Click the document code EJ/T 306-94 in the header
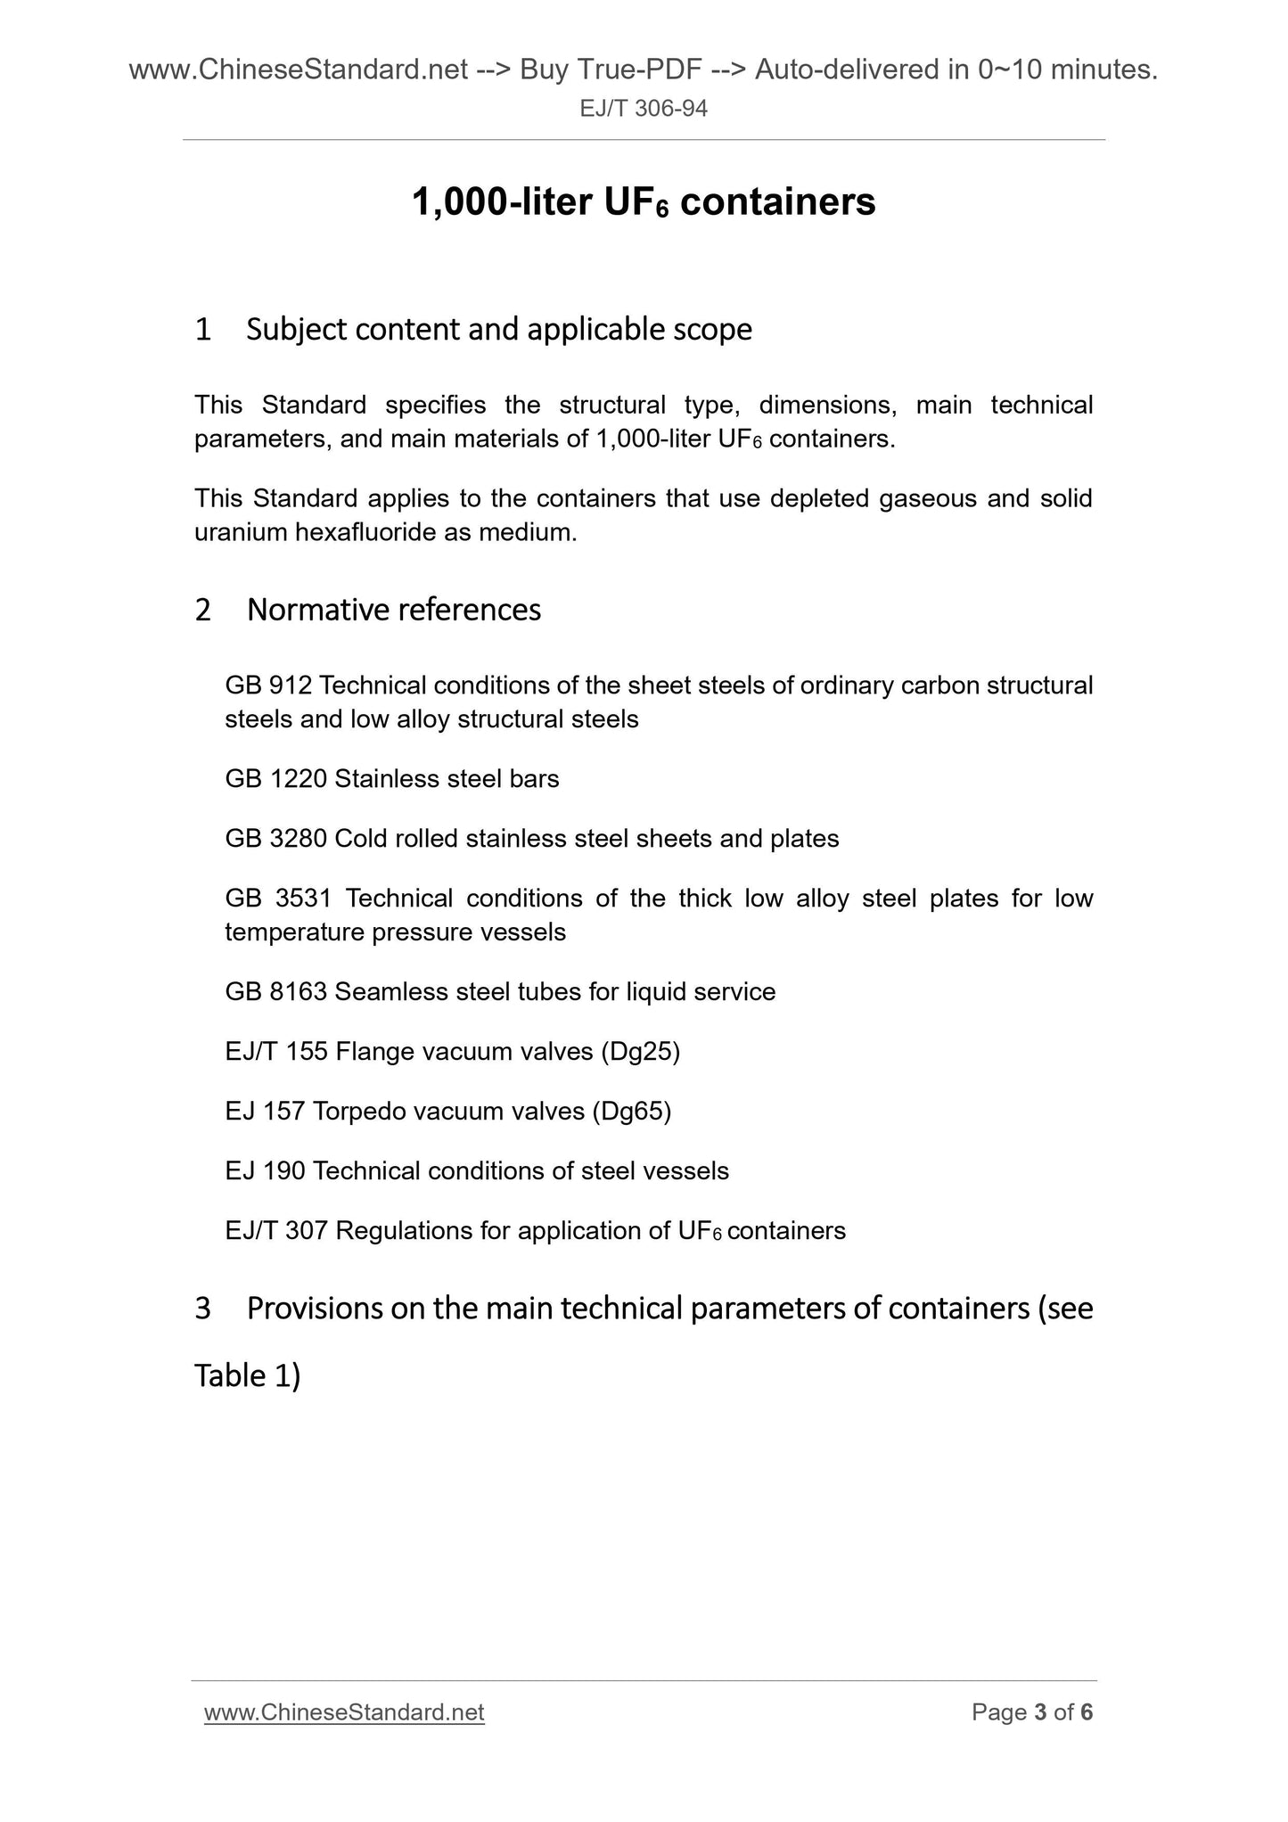tap(644, 109)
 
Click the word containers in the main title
tap(777, 203)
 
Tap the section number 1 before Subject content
tap(203, 330)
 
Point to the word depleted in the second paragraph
tap(820, 498)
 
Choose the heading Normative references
tap(393, 610)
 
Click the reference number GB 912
tap(267, 685)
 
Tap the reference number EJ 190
tap(265, 1171)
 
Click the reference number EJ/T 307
tap(276, 1231)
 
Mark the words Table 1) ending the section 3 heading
tap(247, 1376)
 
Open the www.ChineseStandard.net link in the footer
tap(344, 1712)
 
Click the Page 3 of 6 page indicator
tap(1032, 1712)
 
